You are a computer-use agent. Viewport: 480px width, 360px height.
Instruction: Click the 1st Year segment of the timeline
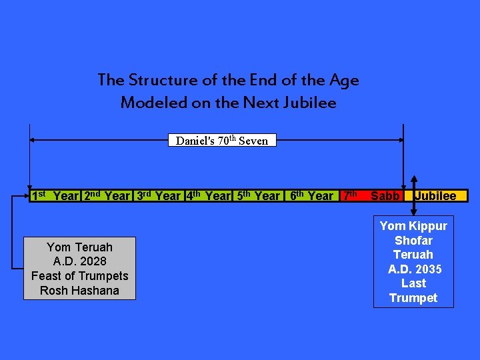coord(55,196)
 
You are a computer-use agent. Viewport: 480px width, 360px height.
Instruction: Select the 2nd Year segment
coord(107,196)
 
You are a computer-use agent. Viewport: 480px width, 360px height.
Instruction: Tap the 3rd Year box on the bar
coord(159,196)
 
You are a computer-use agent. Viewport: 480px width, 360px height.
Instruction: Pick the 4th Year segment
coord(208,196)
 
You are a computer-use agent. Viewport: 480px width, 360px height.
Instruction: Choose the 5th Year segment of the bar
coord(258,196)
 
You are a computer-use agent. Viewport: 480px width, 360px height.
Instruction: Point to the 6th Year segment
coord(311,196)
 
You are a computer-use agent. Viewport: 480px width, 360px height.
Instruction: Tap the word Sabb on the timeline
coord(385,196)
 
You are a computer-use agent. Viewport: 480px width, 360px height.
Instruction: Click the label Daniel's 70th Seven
coord(221,141)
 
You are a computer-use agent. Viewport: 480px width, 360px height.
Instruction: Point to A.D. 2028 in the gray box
coord(79,261)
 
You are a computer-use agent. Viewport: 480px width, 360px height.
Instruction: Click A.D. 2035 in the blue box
coord(415,269)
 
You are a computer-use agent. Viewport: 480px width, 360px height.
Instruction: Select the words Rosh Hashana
coord(79,291)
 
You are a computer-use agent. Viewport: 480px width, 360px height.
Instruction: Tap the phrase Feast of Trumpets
coord(79,276)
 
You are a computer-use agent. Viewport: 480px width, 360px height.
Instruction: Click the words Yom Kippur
coord(413,226)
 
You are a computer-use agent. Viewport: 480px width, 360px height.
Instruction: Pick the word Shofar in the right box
coord(413,241)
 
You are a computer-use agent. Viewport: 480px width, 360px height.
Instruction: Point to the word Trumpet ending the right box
coord(413,298)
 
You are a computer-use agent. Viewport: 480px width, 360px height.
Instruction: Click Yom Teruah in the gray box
coord(79,247)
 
